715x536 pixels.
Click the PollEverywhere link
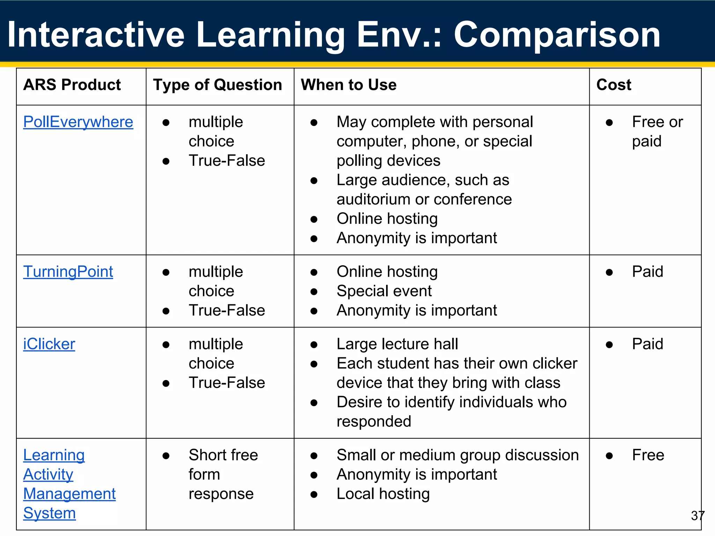point(78,122)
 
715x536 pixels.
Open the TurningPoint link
point(68,272)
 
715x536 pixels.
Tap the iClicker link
point(49,344)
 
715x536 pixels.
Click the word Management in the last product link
point(69,494)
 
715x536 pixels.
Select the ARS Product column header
point(72,85)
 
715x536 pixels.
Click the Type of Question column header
point(218,85)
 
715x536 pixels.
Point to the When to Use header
point(348,85)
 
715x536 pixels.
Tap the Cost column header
point(614,85)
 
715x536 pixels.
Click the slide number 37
point(698,515)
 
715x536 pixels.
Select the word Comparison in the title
point(557,35)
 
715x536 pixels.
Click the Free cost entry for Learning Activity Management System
point(648,455)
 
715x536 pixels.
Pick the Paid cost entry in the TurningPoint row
point(648,272)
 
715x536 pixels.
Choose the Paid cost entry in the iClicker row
point(648,344)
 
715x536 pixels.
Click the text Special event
point(384,291)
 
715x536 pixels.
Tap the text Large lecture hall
point(397,344)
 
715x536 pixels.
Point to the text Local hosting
point(383,494)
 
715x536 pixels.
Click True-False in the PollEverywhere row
point(227,161)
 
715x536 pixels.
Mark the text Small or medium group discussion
point(458,455)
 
